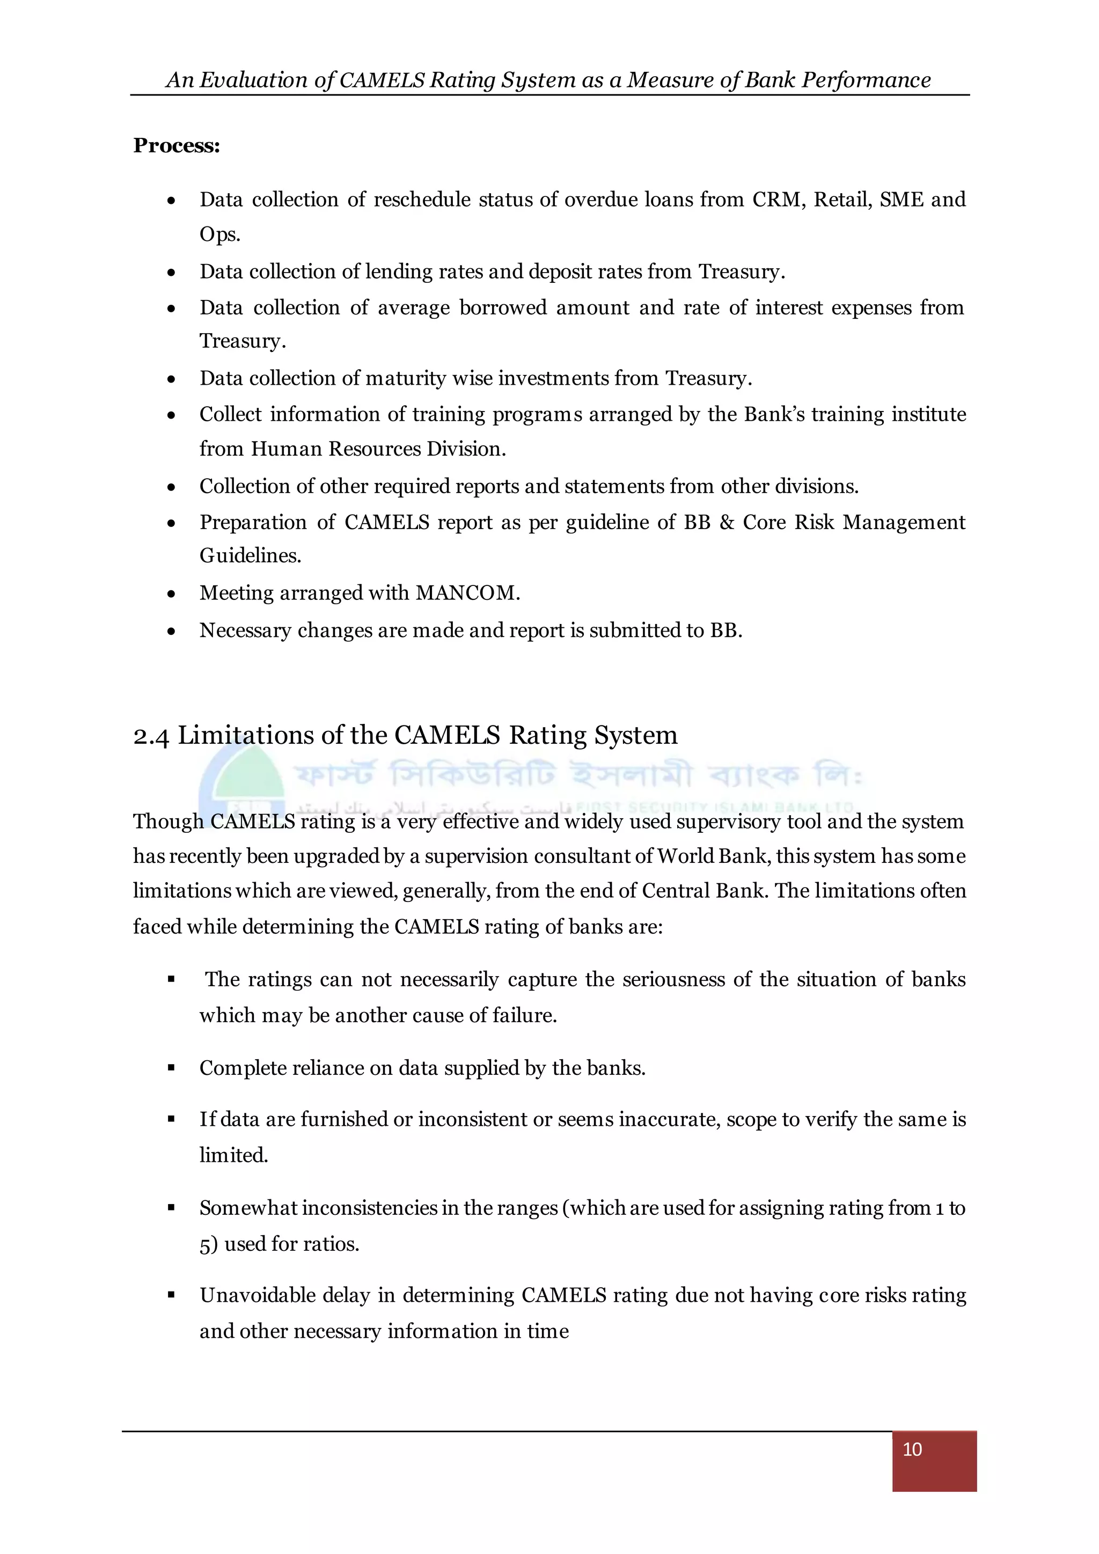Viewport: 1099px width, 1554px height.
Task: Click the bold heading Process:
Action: click(x=177, y=145)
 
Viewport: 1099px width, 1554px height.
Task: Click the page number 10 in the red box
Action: click(x=912, y=1449)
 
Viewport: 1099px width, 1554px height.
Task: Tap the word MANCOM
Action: click(x=467, y=593)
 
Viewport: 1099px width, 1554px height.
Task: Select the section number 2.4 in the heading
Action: click(x=151, y=736)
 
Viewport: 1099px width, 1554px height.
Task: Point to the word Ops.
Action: click(x=220, y=234)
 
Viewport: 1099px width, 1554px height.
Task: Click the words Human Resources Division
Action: click(x=378, y=449)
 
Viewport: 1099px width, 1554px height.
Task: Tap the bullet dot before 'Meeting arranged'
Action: click(x=171, y=594)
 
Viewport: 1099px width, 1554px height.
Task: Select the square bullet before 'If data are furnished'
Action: click(x=171, y=1119)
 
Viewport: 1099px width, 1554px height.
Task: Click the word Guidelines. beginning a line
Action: click(x=251, y=556)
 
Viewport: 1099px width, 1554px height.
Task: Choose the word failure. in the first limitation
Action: click(x=523, y=1015)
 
